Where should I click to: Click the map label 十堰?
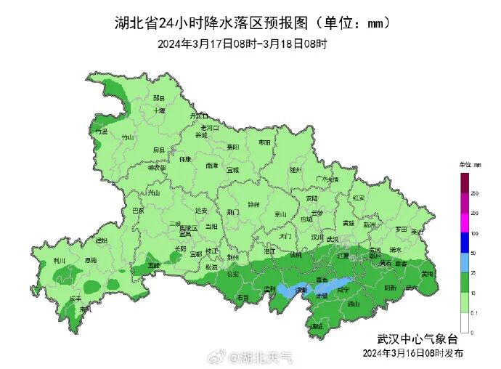click(x=159, y=110)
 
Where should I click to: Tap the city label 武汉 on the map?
click(x=333, y=238)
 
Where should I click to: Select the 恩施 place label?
click(x=91, y=259)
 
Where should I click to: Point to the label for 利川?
click(x=60, y=260)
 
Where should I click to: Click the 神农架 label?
click(x=157, y=168)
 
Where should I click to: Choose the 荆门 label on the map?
click(x=232, y=212)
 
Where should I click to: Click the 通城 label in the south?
click(x=316, y=326)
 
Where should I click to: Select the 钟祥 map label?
click(x=253, y=204)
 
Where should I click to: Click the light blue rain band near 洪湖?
click(x=298, y=290)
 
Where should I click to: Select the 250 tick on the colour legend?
click(x=473, y=194)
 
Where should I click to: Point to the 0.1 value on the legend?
click(x=473, y=313)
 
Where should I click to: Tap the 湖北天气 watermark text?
click(x=267, y=357)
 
